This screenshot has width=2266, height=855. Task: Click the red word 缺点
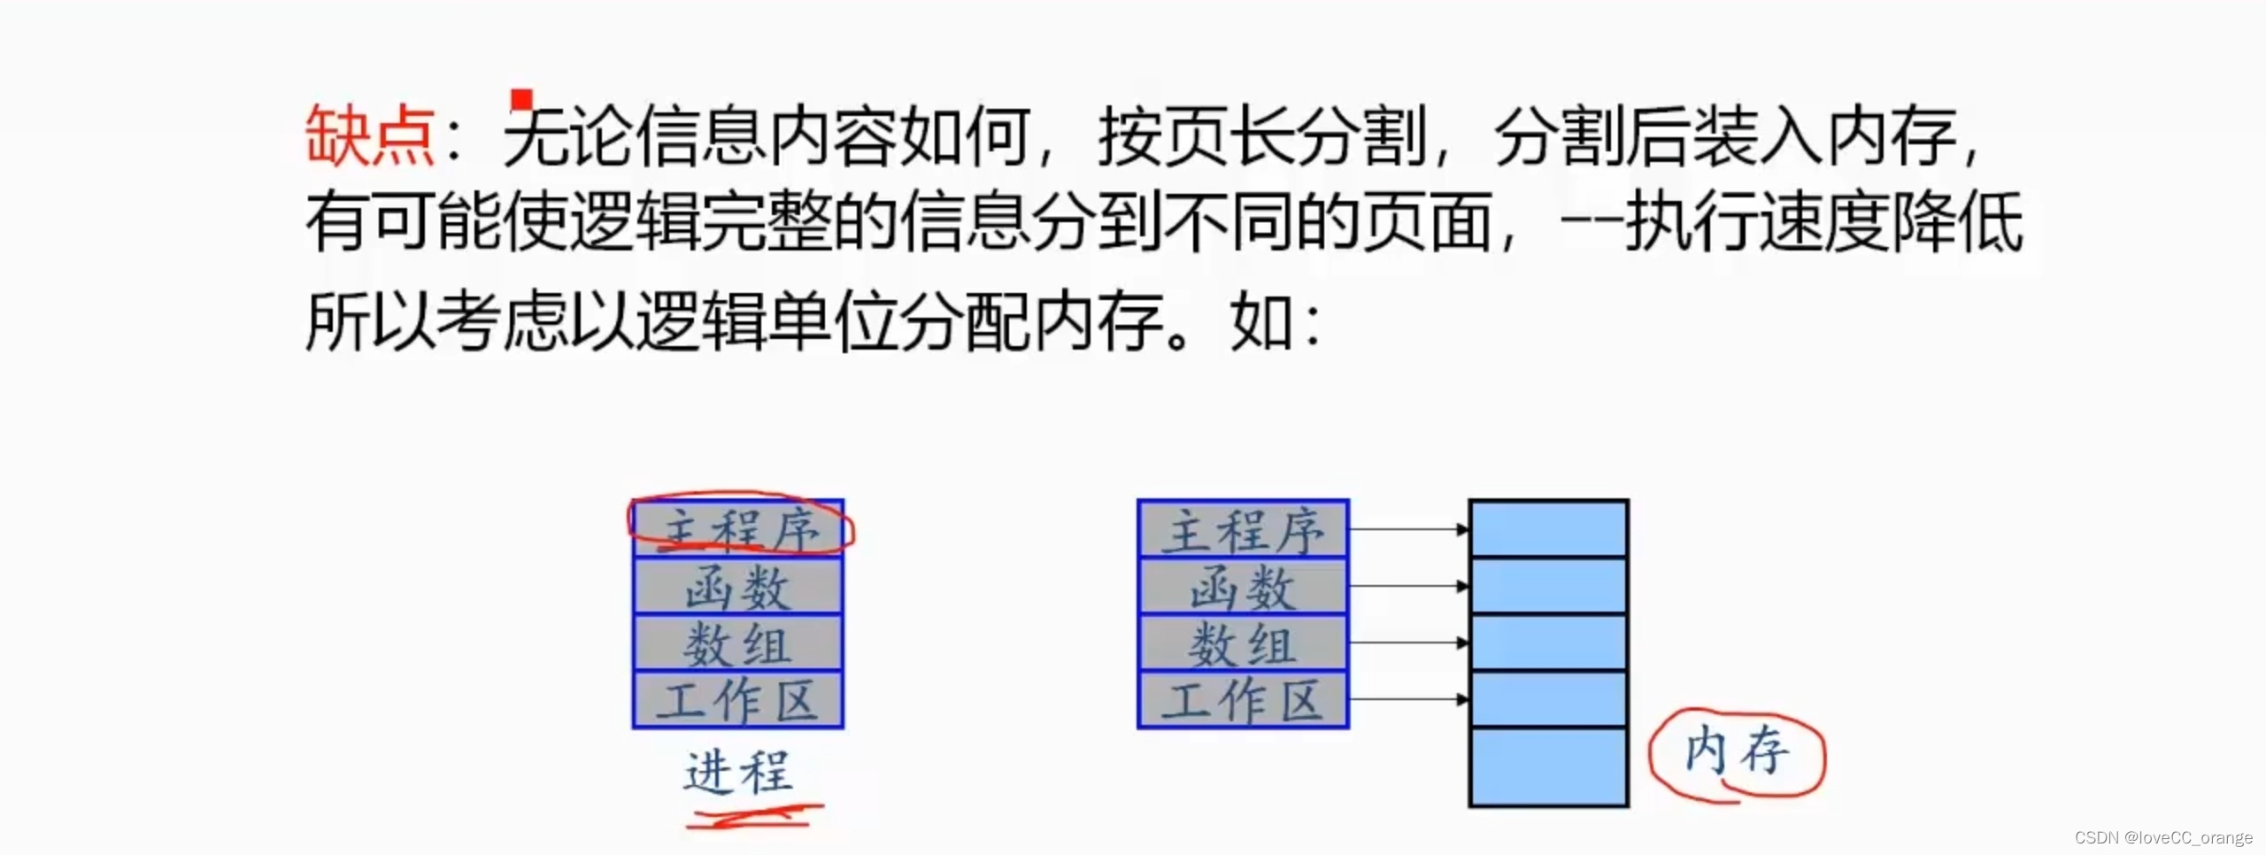pos(370,135)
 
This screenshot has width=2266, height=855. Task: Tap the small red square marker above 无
pos(522,99)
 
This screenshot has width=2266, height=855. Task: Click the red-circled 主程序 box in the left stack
pos(738,529)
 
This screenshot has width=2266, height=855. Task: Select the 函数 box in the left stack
pos(738,587)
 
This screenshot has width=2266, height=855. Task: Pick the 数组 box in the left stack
pos(738,643)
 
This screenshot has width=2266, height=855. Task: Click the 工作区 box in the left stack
pos(738,700)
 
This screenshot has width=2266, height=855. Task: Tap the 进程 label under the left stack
pos(738,771)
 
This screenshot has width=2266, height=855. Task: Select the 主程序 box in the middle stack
pos(1243,529)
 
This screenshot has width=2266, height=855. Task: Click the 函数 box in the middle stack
pos(1243,587)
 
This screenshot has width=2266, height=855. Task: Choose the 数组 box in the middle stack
pos(1243,643)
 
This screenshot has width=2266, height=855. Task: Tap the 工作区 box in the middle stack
pos(1243,700)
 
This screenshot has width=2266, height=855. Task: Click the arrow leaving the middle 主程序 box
pos(1407,529)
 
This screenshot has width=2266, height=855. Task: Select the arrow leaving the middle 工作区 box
pos(1407,699)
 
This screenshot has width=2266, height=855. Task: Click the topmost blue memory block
pos(1548,528)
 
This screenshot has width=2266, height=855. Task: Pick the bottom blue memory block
pos(1548,766)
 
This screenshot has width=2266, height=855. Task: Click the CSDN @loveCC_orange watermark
pos(2163,837)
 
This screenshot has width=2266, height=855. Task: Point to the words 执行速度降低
pos(1823,222)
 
